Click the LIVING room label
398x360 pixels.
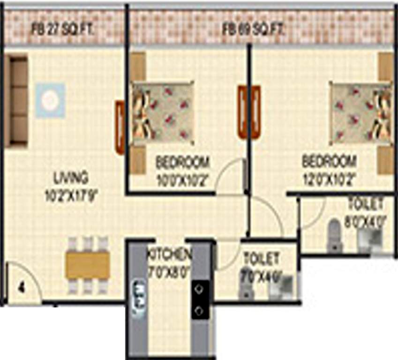[71, 178]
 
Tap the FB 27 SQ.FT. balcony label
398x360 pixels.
[63, 29]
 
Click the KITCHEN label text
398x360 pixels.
[169, 255]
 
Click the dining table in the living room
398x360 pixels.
[88, 265]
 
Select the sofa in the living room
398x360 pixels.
[17, 100]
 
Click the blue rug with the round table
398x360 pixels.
[50, 100]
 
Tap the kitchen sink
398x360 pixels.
[139, 299]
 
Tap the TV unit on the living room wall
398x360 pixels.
[120, 127]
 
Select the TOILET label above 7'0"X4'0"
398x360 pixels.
[261, 258]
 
